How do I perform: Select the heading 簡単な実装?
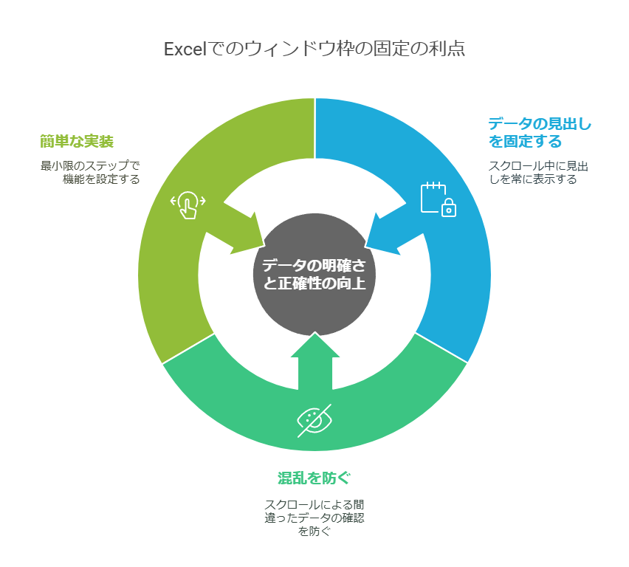pyautogui.click(x=77, y=141)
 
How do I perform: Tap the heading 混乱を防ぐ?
pyautogui.click(x=314, y=478)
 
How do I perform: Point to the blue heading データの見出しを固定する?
pyautogui.click(x=539, y=132)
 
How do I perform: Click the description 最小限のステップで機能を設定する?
pyautogui.click(x=90, y=172)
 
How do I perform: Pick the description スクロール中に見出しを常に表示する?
pyautogui.click(x=537, y=172)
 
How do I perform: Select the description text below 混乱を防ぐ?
pyautogui.click(x=314, y=518)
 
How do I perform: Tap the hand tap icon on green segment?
pyautogui.click(x=188, y=205)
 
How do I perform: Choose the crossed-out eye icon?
pyautogui.click(x=314, y=420)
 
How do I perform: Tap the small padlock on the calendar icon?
pyautogui.click(x=449, y=210)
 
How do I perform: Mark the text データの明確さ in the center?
pyautogui.click(x=314, y=264)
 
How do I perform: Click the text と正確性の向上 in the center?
pyautogui.click(x=314, y=283)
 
